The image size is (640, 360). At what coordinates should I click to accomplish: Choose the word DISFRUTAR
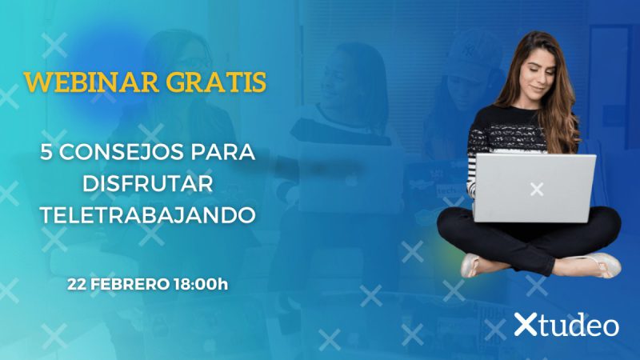click(x=148, y=183)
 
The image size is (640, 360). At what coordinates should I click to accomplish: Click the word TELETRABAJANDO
click(x=148, y=214)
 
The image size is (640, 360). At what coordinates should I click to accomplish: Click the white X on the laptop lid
click(x=536, y=189)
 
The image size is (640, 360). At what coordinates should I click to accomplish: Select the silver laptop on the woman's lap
click(x=534, y=186)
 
